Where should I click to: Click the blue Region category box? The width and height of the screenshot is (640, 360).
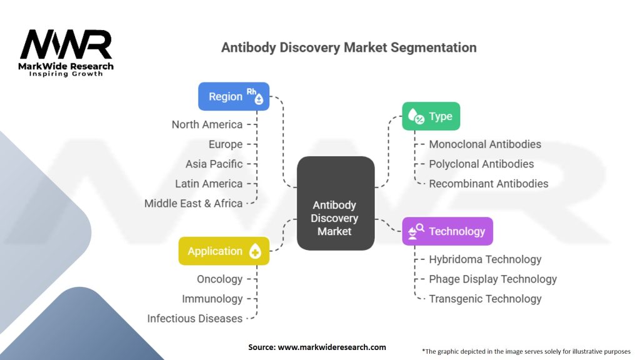coord(234,96)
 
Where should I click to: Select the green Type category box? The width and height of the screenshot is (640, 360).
coord(431,116)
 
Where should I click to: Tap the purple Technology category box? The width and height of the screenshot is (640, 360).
coord(447,231)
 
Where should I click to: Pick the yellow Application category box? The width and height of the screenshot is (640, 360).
coord(224,251)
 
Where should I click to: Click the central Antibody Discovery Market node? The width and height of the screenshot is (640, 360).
coord(335,218)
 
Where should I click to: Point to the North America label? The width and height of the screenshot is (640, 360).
coord(207,124)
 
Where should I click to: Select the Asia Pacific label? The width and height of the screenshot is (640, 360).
coord(214,164)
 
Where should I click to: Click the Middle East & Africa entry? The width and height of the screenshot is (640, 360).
coord(193,203)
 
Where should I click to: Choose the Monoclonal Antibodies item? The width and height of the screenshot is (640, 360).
coord(485,144)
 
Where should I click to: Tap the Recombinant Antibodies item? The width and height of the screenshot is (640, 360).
coord(488,184)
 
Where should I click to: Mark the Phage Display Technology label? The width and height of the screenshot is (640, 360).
coord(492,279)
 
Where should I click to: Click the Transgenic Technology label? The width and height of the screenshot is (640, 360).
coord(485,299)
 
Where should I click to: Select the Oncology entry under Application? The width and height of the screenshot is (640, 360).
coord(219,279)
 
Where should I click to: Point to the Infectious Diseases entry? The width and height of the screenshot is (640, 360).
coord(194,319)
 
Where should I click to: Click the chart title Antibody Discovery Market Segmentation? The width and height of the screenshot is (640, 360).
coord(349,47)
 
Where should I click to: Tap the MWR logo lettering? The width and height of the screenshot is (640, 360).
coord(66,44)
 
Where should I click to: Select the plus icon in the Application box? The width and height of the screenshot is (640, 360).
coord(255,252)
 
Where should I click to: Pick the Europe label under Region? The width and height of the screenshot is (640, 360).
coord(226,144)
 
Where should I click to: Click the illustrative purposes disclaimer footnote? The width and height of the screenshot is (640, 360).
coord(526,351)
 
